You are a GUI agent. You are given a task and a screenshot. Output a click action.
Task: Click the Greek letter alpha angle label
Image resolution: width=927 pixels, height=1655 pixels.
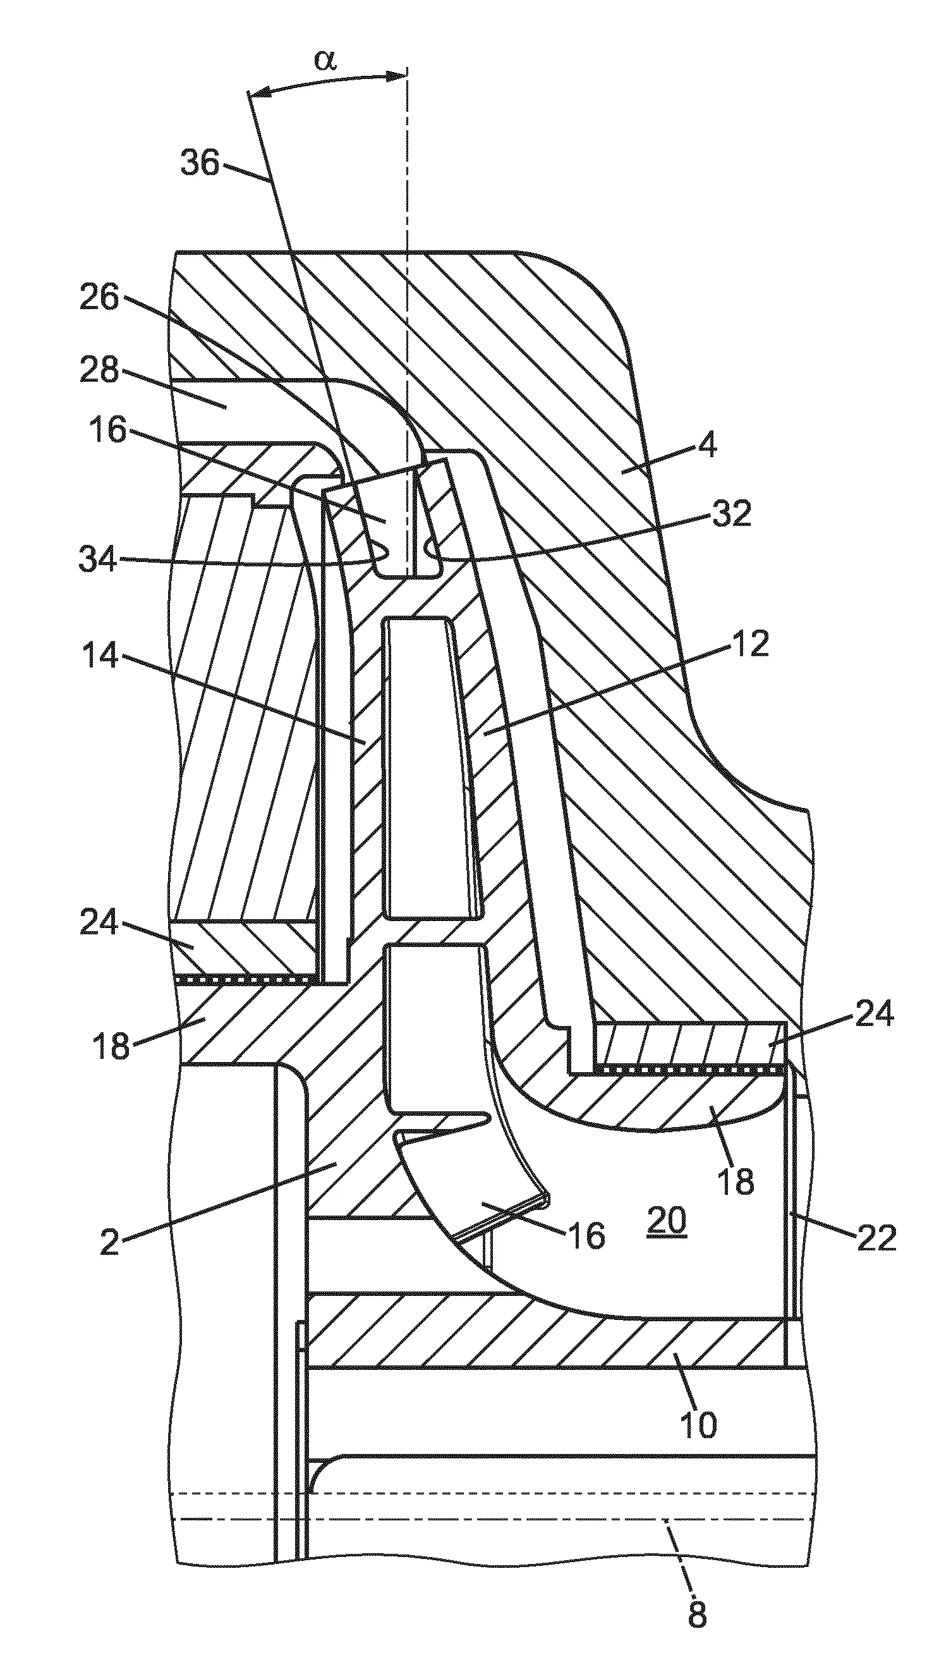[x=325, y=61]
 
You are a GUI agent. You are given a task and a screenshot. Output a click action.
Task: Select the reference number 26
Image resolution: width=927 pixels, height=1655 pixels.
[x=100, y=299]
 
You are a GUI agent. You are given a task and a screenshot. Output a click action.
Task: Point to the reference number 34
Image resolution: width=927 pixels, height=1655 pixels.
[x=99, y=559]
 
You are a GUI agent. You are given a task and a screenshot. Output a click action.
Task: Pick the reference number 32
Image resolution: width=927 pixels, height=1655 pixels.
[x=732, y=514]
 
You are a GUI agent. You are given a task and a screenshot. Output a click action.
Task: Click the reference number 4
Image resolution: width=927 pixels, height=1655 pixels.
[x=706, y=445]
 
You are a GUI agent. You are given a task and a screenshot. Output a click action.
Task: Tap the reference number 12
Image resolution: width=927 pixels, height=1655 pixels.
[x=749, y=644]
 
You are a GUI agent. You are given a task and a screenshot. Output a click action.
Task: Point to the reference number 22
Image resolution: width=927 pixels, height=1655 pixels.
[x=876, y=1237]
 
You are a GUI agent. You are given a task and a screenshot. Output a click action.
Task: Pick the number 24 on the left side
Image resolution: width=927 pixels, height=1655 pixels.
[x=100, y=923]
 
